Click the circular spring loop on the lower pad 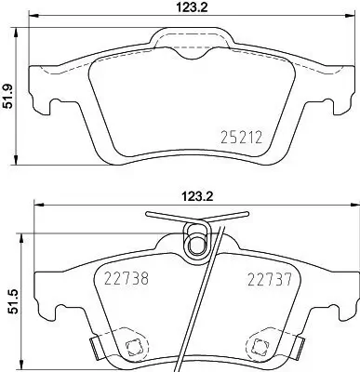click(195, 244)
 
